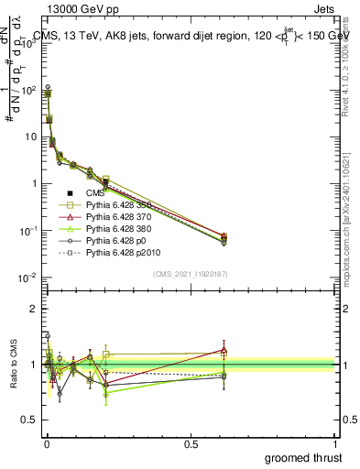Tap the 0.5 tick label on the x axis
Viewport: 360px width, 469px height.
[191, 443]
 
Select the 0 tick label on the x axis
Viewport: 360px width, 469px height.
[46, 443]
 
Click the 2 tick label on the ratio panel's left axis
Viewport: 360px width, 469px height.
[35, 309]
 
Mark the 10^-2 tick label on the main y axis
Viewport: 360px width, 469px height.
[28, 278]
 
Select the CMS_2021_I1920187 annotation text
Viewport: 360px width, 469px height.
[191, 275]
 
